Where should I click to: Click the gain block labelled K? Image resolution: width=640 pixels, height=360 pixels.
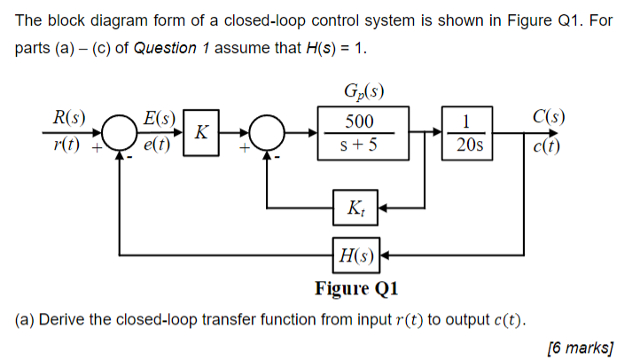click(201, 133)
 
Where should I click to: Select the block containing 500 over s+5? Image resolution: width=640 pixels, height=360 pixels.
click(362, 133)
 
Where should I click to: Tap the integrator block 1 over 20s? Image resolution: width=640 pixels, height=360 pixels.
click(468, 133)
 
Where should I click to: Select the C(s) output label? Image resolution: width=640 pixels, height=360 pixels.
click(550, 117)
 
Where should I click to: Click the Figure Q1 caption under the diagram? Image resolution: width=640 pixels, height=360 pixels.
click(357, 288)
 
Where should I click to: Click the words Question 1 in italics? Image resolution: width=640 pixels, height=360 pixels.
click(164, 47)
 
